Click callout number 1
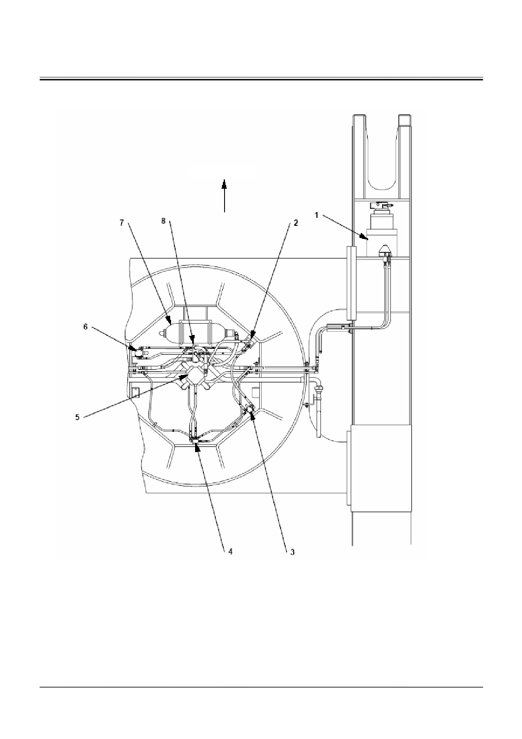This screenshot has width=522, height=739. tap(317, 215)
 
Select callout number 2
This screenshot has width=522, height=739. tap(296, 223)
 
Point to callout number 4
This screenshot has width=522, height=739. tap(230, 551)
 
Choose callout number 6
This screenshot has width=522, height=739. tap(86, 327)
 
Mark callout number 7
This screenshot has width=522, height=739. tap(122, 223)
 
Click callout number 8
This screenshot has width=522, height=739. tap(164, 221)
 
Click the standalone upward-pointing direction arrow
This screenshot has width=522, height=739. tap(225, 195)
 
